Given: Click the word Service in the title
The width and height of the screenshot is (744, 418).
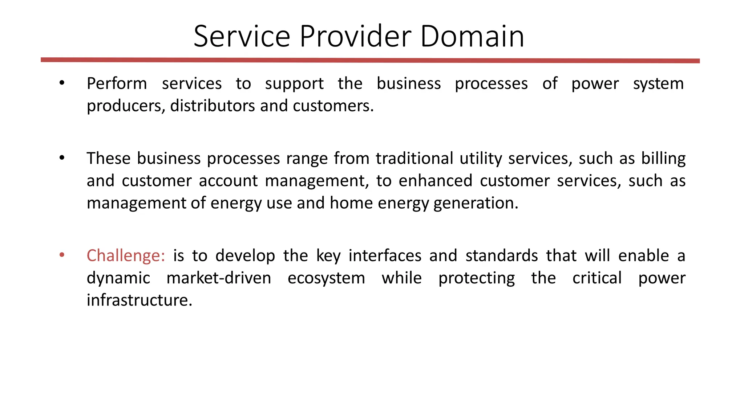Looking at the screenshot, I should (242, 36).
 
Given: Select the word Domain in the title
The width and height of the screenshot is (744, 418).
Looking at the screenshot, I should (472, 36).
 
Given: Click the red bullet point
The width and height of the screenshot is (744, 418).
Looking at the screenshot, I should (62, 255).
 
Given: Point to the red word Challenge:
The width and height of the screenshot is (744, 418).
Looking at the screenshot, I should (126, 256).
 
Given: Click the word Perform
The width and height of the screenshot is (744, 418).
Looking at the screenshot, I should (117, 84).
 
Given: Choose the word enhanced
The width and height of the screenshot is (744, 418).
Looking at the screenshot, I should (435, 181).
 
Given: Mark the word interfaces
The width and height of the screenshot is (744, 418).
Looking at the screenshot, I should (385, 256).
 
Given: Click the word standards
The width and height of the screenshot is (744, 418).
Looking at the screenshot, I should (501, 256).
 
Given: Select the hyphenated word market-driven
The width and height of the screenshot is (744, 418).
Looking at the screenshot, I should (219, 278).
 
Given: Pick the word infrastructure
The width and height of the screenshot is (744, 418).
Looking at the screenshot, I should (139, 300).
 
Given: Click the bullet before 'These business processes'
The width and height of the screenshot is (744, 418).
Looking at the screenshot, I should (62, 158).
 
